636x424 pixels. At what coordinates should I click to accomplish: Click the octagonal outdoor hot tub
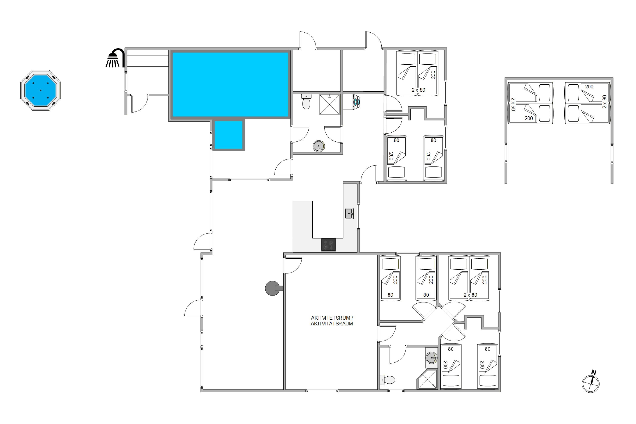tap(40, 90)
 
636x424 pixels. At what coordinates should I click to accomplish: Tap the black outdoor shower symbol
tap(115, 58)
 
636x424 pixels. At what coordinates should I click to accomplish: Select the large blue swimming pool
tap(230, 84)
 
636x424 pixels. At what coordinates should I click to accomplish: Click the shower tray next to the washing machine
tap(329, 104)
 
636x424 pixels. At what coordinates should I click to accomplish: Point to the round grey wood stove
tap(273, 288)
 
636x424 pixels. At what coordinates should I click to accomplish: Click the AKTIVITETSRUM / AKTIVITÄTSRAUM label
tap(332, 321)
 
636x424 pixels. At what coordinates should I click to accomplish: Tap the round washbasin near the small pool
tap(319, 146)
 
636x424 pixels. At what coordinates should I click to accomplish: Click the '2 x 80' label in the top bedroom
tap(418, 90)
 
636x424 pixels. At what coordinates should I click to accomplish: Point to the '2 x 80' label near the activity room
tap(470, 295)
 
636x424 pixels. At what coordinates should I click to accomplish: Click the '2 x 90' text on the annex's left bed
tap(513, 104)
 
